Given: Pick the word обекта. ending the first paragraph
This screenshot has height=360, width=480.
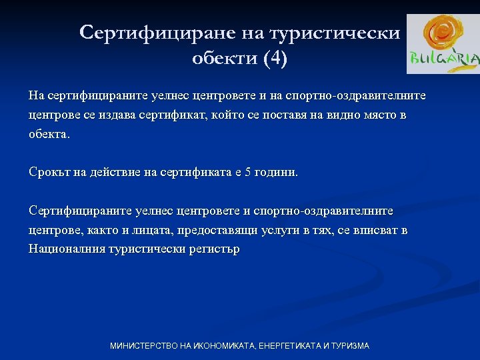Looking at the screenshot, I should coord(49,134).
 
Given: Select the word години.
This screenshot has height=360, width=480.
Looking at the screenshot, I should coord(277,173).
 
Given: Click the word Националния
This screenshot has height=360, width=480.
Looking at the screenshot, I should coord(64,249).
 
